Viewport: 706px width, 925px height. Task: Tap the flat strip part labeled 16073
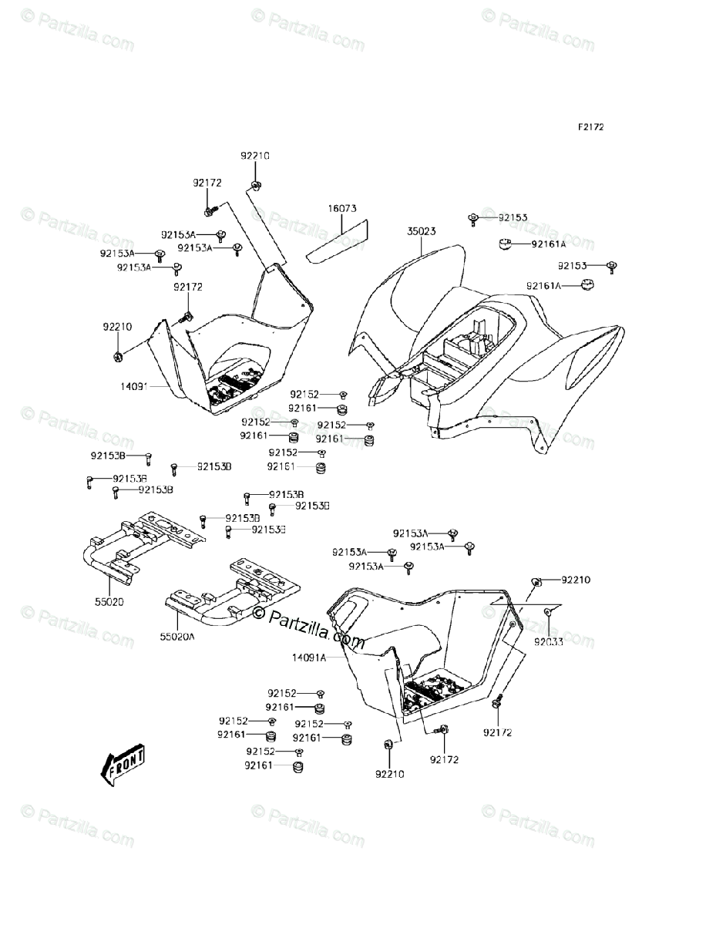tap(339, 240)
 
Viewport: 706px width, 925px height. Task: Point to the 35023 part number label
tap(423, 230)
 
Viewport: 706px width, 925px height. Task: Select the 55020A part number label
tap(178, 637)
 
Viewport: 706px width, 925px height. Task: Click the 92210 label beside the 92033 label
tap(575, 579)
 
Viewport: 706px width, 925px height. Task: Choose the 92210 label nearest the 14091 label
tap(118, 326)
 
